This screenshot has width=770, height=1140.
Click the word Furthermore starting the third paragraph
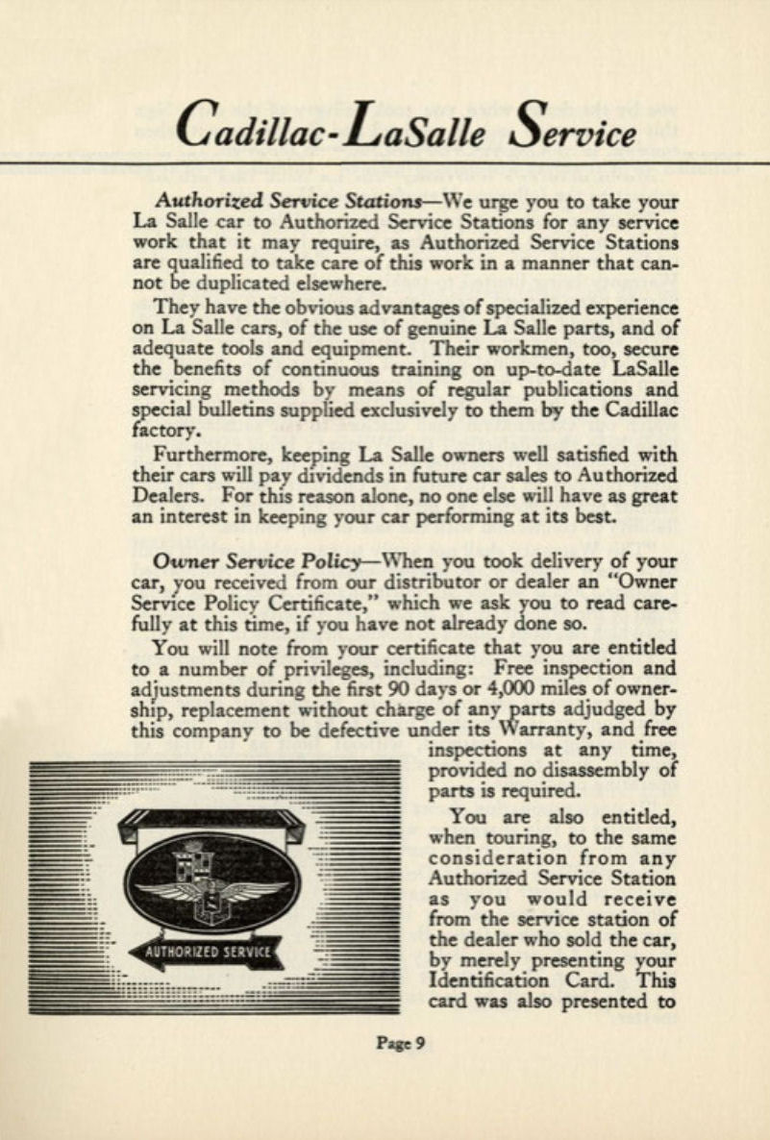pyautogui.click(x=211, y=457)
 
